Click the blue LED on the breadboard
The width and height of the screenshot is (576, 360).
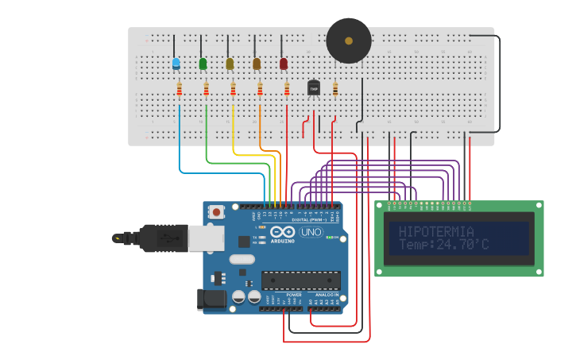click(176, 64)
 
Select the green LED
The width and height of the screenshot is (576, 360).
click(203, 64)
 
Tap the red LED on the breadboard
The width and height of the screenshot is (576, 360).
click(284, 64)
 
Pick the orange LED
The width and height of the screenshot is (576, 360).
click(257, 64)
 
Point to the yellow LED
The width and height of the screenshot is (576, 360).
click(230, 64)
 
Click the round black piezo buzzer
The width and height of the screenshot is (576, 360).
click(348, 41)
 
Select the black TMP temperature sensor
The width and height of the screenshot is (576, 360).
click(313, 89)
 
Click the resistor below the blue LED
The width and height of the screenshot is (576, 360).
click(180, 90)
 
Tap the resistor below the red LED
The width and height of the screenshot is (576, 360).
click(287, 90)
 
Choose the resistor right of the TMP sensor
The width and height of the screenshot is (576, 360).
click(335, 90)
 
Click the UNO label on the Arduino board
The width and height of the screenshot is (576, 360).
click(311, 233)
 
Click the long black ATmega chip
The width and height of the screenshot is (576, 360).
click(301, 281)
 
